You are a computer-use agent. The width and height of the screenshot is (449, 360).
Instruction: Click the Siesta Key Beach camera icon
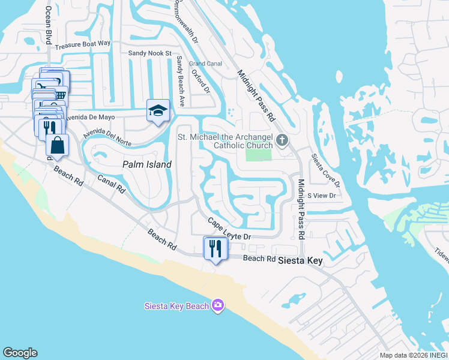[218, 306]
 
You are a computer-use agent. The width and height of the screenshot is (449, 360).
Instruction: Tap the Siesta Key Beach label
[176, 306]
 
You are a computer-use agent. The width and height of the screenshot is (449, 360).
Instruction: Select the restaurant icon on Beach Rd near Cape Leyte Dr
[215, 248]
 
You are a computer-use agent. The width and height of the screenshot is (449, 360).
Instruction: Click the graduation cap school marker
[158, 110]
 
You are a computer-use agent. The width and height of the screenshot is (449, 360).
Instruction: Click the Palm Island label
[147, 164]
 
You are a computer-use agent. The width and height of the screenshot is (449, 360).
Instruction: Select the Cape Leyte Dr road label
[229, 230]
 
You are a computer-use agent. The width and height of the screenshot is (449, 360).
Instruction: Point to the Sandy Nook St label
[150, 53]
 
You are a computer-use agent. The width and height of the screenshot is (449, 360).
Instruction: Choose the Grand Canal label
[205, 63]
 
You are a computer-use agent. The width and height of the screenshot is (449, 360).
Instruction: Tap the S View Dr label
[321, 196]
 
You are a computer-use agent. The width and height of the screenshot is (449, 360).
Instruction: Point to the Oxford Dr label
[200, 82]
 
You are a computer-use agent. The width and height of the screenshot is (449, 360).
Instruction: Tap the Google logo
[20, 353]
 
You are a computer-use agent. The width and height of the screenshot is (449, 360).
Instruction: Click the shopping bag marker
[57, 145]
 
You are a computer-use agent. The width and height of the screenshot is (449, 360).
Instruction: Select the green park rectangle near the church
[258, 155]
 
